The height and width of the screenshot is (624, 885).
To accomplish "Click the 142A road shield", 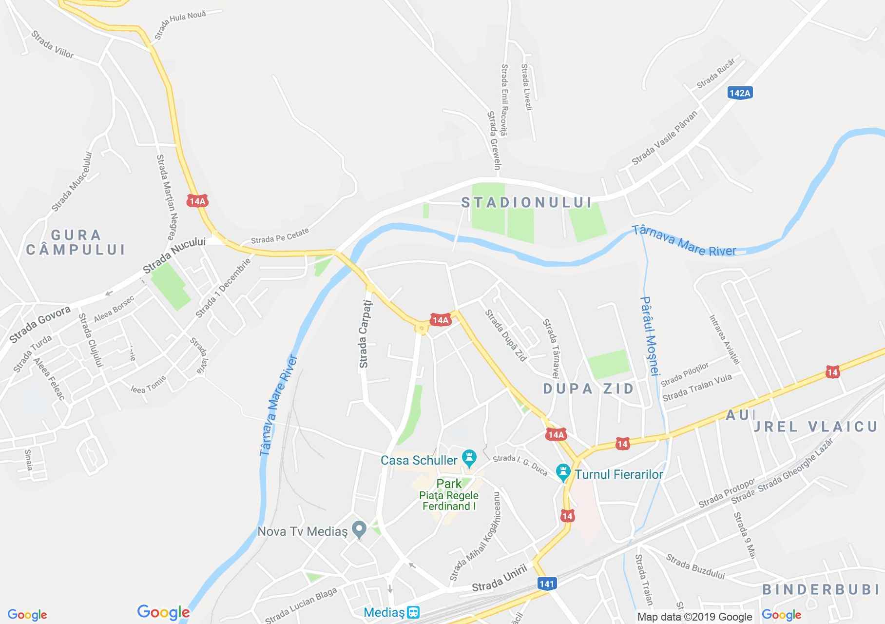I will point(740,93).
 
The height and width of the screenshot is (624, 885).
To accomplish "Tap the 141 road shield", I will point(547,583).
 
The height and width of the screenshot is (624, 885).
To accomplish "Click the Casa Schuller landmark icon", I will point(470,458).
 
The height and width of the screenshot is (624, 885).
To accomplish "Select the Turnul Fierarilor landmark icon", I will point(563,472).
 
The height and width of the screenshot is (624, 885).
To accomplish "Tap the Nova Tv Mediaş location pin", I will point(360,529).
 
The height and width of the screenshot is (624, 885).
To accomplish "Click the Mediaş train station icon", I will point(414,611).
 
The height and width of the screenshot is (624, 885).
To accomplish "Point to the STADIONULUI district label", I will point(526,202).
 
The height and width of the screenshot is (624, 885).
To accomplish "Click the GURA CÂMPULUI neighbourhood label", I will point(76,242).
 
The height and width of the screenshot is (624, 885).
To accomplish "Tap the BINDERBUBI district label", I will point(823,589).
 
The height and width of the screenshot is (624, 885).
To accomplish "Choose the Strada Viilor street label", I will point(52,45).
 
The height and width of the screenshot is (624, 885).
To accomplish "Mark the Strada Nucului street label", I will point(174,255).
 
